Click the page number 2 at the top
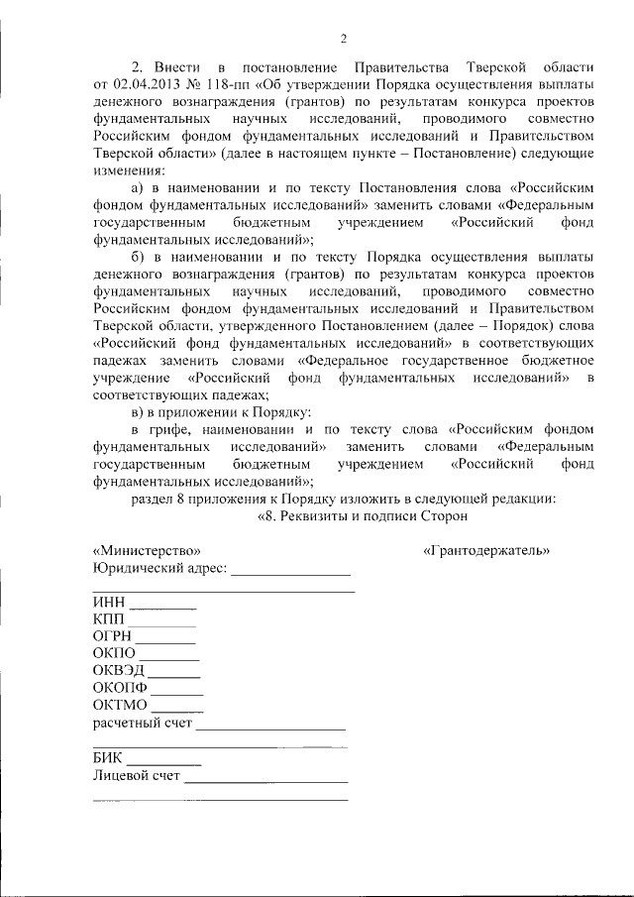(342, 39)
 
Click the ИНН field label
(109, 602)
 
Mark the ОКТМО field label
(120, 705)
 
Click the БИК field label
(108, 757)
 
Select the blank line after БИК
(164, 761)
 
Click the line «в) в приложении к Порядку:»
(223, 411)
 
